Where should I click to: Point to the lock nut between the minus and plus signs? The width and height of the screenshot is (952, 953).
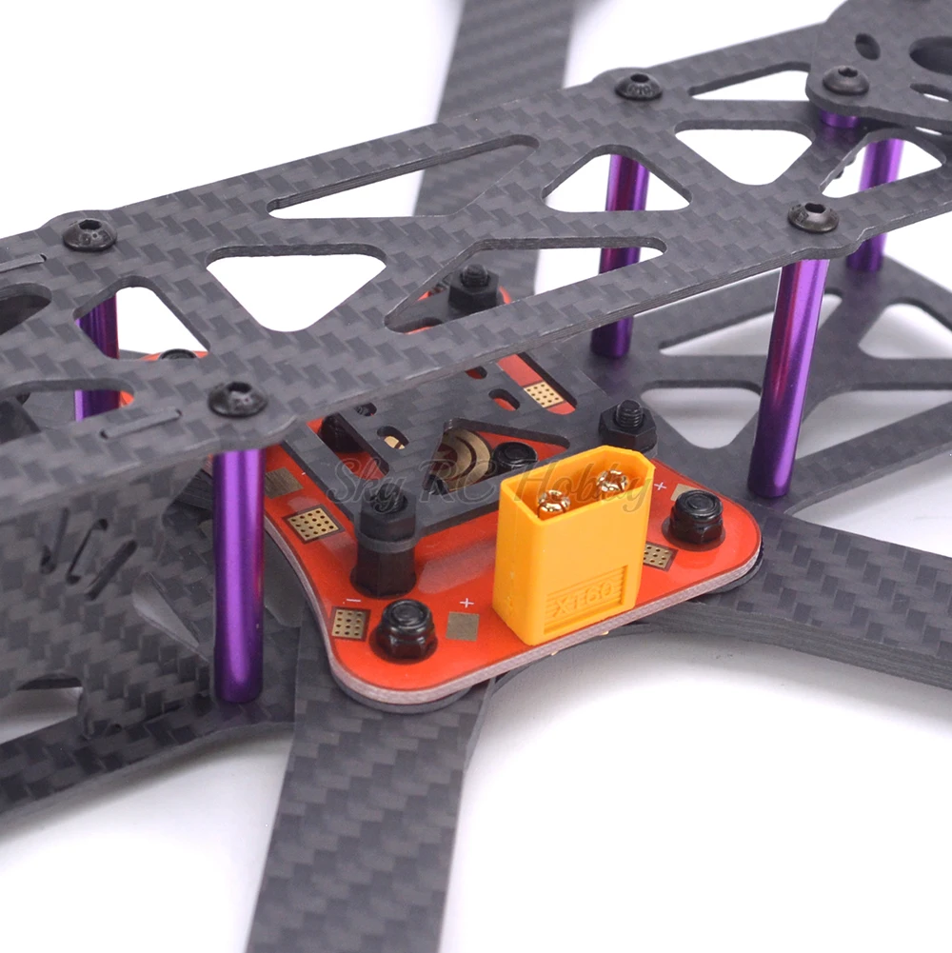pos(406,629)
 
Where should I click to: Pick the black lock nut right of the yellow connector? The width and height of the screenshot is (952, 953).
pos(695,518)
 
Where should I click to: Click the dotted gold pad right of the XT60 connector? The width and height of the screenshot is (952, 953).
pos(657,555)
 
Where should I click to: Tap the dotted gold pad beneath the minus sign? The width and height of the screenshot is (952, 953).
pos(349,624)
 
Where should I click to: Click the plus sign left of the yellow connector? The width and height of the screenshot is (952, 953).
pos(466,603)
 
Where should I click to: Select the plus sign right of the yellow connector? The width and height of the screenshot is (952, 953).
pos(660,487)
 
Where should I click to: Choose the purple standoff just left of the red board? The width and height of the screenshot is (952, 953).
pos(237,571)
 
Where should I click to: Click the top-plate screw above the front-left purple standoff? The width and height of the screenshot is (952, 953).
pos(237,399)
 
